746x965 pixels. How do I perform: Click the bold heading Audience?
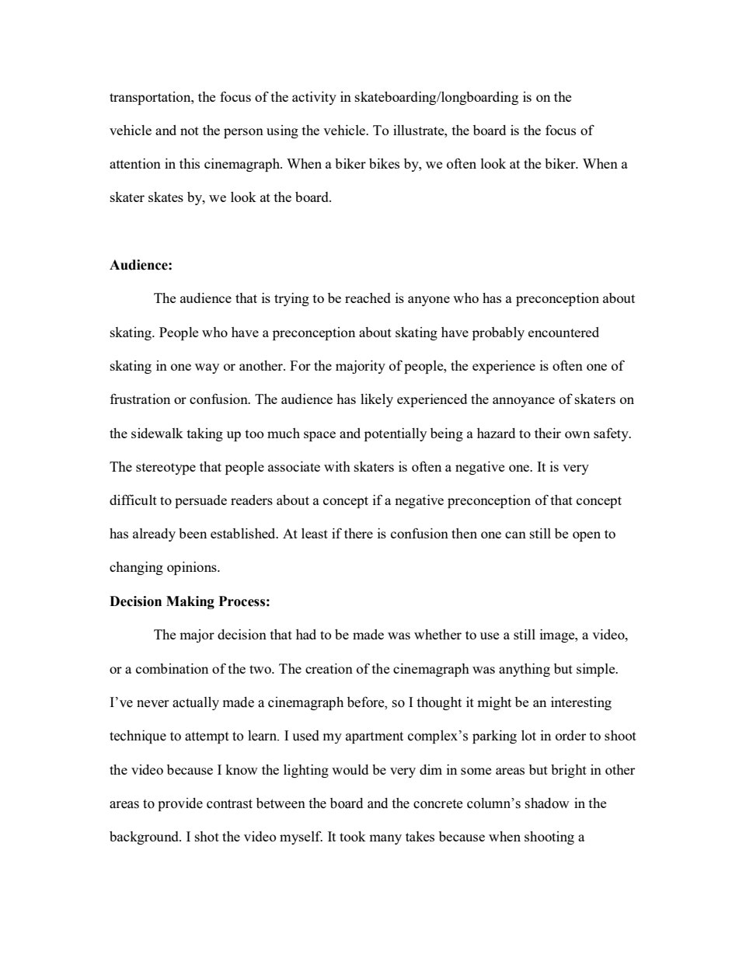tap(141, 266)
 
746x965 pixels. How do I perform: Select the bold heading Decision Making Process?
tap(190, 602)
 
